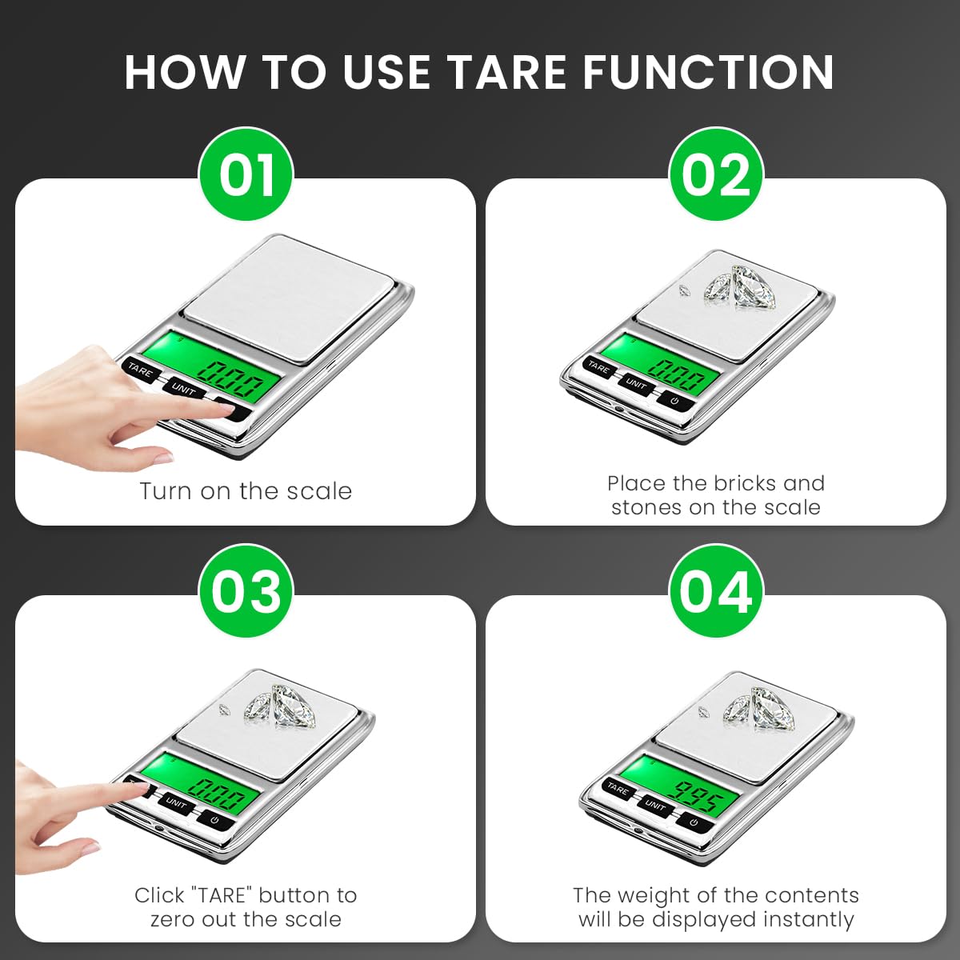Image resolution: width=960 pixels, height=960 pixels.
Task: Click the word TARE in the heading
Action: tap(508, 72)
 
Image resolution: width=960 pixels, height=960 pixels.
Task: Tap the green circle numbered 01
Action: tap(246, 174)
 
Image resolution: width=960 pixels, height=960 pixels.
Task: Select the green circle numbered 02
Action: tap(716, 174)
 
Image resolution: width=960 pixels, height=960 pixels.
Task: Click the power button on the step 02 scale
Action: tap(676, 400)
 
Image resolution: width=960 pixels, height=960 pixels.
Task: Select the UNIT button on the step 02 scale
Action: tap(637, 384)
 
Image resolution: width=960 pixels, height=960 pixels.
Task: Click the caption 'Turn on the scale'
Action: tap(246, 490)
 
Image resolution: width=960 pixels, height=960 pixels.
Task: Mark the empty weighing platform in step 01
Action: tap(292, 288)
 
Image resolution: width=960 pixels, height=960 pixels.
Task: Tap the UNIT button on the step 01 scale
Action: tap(183, 389)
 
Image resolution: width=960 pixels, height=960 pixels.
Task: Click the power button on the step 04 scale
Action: tap(693, 821)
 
